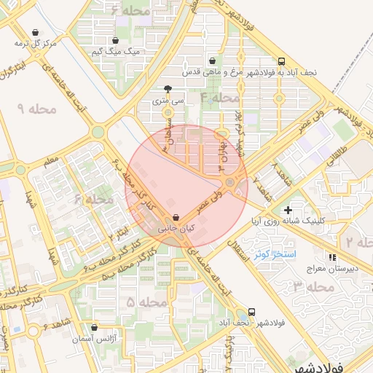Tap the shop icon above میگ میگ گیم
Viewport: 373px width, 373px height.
click(116, 41)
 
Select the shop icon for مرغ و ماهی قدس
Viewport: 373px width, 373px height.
click(212, 61)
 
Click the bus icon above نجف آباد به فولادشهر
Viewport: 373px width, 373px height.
click(282, 61)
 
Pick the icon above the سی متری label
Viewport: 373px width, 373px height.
click(168, 88)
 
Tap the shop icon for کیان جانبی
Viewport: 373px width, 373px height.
click(176, 217)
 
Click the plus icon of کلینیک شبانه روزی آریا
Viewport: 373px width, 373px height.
click(288, 210)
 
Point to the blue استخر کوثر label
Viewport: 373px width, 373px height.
click(275, 254)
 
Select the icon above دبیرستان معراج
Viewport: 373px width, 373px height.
click(332, 257)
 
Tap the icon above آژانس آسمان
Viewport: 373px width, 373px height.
click(94, 328)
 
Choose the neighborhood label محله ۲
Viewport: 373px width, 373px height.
click(359, 241)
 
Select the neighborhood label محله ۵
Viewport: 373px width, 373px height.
click(147, 302)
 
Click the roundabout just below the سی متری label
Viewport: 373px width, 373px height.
click(168, 113)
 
